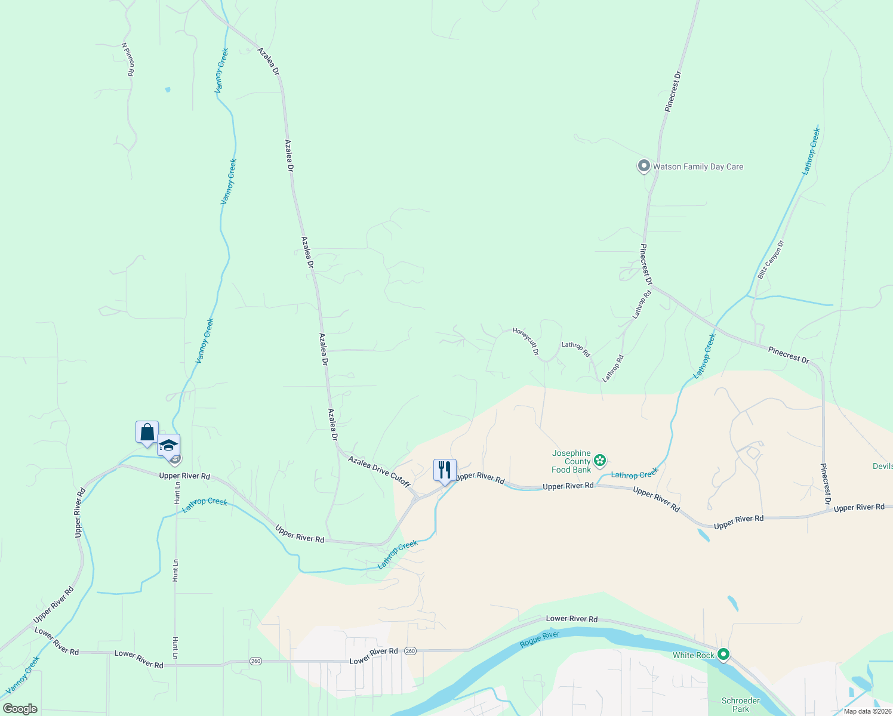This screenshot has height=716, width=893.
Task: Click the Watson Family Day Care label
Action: coord(698,167)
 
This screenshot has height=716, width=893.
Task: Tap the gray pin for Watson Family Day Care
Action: coord(643,166)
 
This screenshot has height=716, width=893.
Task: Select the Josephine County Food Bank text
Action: coord(571,461)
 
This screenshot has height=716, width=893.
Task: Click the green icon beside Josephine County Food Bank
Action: coord(600,460)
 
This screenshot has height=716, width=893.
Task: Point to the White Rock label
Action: coord(693,655)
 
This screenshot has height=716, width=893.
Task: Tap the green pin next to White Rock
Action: coord(723,655)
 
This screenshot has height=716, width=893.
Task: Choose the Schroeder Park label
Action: coord(740,705)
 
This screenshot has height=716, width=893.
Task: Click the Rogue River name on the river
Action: coord(540,639)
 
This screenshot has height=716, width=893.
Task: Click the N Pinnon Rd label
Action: coord(128,59)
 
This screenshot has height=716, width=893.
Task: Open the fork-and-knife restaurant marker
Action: coord(445,470)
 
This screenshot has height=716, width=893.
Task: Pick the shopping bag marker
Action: coord(147,432)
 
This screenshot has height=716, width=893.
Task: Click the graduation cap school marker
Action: coord(168,445)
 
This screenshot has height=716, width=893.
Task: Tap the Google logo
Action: coord(20,709)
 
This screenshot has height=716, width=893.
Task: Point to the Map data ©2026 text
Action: coord(867,711)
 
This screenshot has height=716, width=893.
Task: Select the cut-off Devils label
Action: coord(882,466)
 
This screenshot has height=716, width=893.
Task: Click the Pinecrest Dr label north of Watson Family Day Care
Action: coord(673,92)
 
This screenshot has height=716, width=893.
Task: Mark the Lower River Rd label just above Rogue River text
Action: coord(571,619)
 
